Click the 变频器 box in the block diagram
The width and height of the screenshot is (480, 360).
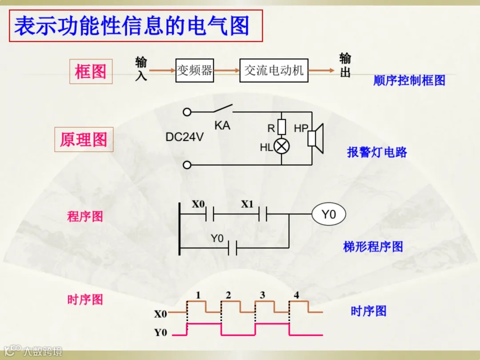[x=195, y=70]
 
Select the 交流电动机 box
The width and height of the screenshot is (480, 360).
[x=274, y=70]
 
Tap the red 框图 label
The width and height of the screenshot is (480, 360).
[x=91, y=72]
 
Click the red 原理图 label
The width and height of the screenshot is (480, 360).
[x=84, y=140]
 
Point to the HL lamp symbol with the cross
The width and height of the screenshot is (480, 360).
[x=281, y=146]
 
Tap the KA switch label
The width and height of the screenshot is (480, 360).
[x=222, y=126]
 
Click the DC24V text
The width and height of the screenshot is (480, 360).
[x=184, y=137]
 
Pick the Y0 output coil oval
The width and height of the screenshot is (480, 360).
[x=328, y=215]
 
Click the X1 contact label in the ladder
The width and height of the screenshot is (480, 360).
[x=247, y=204]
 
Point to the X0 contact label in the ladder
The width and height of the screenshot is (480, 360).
[x=199, y=204]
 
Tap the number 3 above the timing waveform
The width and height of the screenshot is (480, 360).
[x=262, y=295]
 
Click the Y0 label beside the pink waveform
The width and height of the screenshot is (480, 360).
[x=160, y=332]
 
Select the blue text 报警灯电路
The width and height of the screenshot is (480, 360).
[x=377, y=152]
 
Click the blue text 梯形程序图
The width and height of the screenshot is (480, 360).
[x=373, y=247]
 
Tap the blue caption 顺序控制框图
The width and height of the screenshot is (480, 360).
[x=409, y=80]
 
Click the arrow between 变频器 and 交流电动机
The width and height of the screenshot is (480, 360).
[x=227, y=70]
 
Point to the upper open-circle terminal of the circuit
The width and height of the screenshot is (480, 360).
[x=187, y=112]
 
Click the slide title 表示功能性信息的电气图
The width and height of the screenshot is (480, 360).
[x=132, y=26]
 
